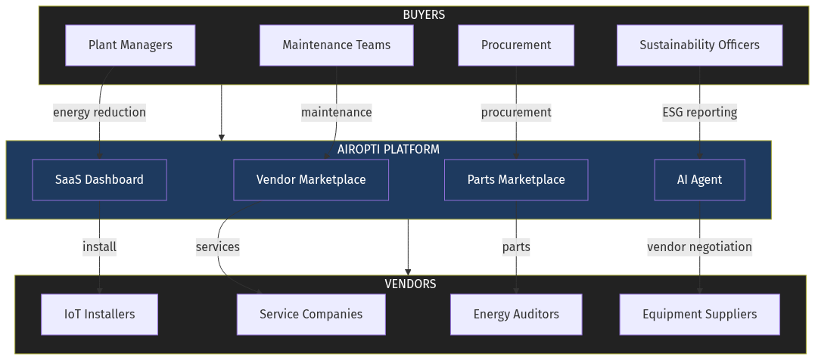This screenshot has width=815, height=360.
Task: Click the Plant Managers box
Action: tap(130, 45)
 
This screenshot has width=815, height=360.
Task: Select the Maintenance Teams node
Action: tap(336, 45)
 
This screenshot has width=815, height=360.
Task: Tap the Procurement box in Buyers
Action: tap(516, 45)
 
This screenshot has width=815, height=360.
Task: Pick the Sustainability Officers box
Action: tap(699, 45)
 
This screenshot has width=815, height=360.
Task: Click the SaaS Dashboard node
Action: tap(99, 180)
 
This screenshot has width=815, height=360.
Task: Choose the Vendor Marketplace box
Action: tap(311, 180)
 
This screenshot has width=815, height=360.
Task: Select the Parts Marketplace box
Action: tap(516, 180)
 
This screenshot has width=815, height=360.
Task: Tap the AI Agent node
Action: tap(699, 180)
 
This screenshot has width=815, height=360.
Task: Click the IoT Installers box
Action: tap(99, 314)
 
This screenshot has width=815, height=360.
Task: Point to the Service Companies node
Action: tap(311, 314)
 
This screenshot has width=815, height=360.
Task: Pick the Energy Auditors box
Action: tap(516, 314)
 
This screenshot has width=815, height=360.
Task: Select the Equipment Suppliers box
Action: tap(699, 314)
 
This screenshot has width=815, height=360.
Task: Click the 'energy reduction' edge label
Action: tap(99, 113)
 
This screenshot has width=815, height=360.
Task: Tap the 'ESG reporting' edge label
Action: tap(699, 113)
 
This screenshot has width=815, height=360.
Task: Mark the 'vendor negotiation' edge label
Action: tap(699, 247)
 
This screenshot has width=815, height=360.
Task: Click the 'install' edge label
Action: tap(99, 247)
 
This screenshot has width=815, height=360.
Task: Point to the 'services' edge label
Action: tap(217, 247)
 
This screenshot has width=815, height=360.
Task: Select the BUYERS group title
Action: tap(424, 14)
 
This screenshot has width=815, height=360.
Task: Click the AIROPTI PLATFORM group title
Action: tap(388, 149)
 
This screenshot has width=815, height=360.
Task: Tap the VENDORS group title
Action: tap(410, 284)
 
